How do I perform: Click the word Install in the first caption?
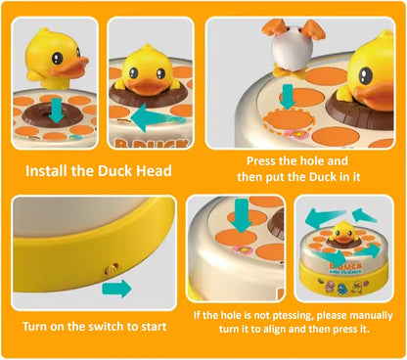tap(50, 172)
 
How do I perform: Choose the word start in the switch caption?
tap(149, 326)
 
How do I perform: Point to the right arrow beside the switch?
tap(115, 288)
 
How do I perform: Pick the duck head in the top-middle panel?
tap(151, 67)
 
